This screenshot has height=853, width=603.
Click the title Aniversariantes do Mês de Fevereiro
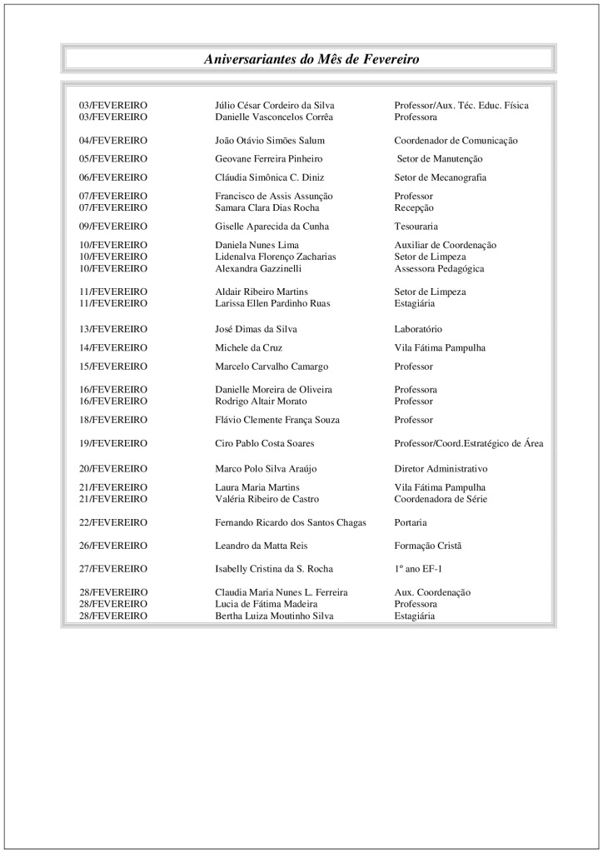pyautogui.click(x=311, y=59)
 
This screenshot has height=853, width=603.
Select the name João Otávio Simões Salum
pyautogui.click(x=270, y=141)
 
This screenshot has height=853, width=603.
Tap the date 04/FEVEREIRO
pyautogui.click(x=113, y=141)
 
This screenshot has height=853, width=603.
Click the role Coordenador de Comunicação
pyautogui.click(x=456, y=141)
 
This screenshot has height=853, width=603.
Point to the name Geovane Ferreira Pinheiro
pyautogui.click(x=269, y=158)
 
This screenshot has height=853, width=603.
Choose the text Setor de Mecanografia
pyautogui.click(x=441, y=177)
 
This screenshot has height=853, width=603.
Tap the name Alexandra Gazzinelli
pyautogui.click(x=258, y=269)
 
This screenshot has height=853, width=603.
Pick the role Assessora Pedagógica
pyautogui.click(x=439, y=269)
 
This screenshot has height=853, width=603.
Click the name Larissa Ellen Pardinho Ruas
pyautogui.click(x=272, y=303)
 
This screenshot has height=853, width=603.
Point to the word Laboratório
pyautogui.click(x=418, y=329)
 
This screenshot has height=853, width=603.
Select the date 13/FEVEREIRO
pyautogui.click(x=113, y=329)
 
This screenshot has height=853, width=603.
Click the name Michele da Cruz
pyautogui.click(x=248, y=347)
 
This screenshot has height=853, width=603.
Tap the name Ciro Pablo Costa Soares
pyautogui.click(x=265, y=443)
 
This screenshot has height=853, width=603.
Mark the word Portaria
pyautogui.click(x=411, y=522)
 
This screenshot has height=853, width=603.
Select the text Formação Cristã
pyautogui.click(x=427, y=546)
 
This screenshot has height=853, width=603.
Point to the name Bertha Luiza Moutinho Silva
pyautogui.click(x=274, y=616)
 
